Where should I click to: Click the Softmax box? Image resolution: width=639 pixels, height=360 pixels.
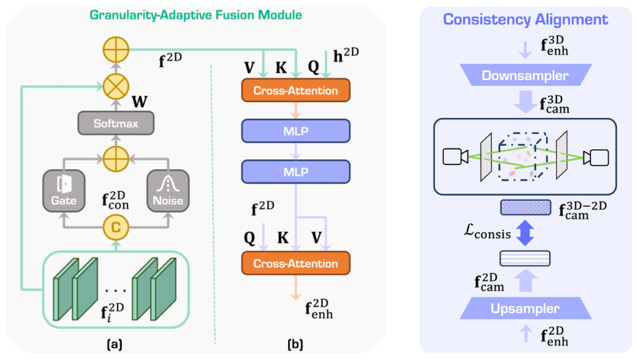coord(117,124)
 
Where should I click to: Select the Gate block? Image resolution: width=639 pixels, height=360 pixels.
coord(64,190)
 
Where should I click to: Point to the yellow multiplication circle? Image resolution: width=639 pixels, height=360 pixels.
coord(117,86)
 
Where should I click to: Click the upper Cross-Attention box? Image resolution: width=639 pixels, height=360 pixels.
coord(296,91)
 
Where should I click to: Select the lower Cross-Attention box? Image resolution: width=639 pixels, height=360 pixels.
coord(296,263)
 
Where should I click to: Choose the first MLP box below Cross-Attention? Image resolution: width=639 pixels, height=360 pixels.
coord(296,131)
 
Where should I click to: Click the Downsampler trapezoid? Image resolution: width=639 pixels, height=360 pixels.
coord(525,75)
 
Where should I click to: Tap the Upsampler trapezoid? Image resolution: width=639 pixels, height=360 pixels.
coord(525,308)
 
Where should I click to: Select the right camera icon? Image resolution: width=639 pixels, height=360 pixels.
coord(595,157)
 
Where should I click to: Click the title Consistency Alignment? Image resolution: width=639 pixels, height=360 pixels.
coord(525,20)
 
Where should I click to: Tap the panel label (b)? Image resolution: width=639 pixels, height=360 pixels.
coord(296,342)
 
